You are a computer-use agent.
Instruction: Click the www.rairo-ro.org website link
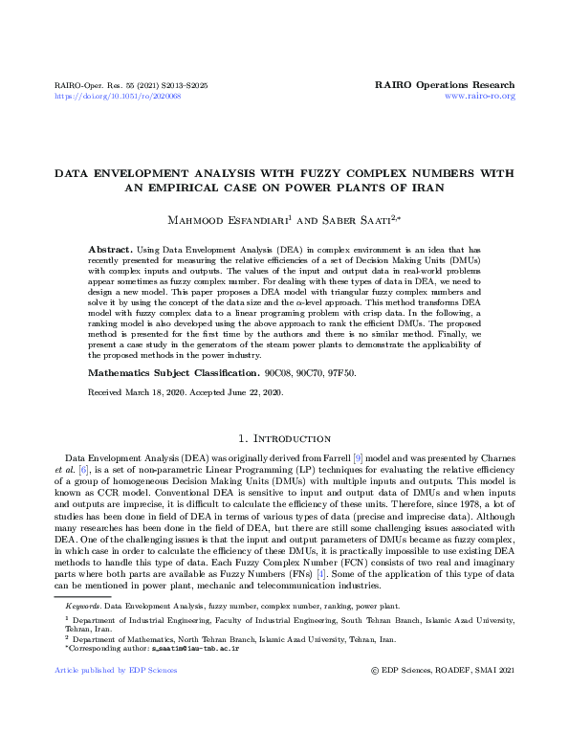coord(480,97)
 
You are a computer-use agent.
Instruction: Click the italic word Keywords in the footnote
coord(82,607)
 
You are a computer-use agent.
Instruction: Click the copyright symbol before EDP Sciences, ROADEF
coord(374,670)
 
